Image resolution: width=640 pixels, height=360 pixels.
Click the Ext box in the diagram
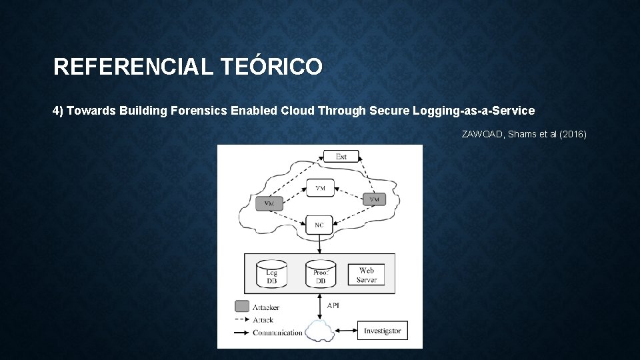click(x=341, y=157)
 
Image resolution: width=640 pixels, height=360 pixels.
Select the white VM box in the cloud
click(x=320, y=188)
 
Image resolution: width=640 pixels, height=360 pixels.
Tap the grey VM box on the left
click(x=269, y=203)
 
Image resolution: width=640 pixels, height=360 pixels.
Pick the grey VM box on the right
click(x=374, y=199)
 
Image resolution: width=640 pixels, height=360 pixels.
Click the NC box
click(x=319, y=225)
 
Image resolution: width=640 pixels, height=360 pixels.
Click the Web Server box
click(x=366, y=274)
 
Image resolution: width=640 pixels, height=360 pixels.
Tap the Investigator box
click(x=383, y=331)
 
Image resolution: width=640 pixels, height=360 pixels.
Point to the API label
click(x=333, y=305)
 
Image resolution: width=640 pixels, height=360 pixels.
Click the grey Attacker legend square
click(x=241, y=307)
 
